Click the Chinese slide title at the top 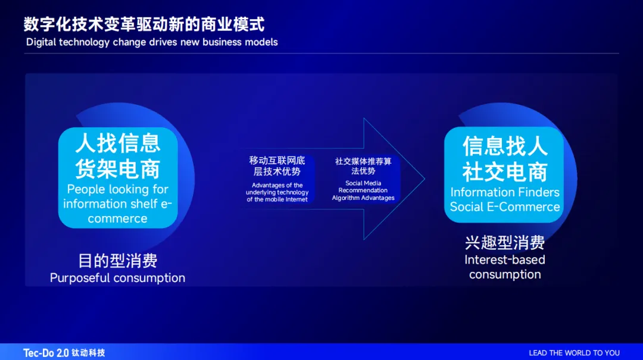(x=144, y=24)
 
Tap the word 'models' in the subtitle (x=261, y=42)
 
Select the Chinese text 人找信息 (x=118, y=143)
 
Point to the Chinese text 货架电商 (x=118, y=169)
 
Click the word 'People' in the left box (x=85, y=189)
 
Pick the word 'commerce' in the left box (x=118, y=218)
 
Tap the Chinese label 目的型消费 (x=118, y=261)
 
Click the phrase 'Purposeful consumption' (x=118, y=278)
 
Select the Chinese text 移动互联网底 (x=277, y=160)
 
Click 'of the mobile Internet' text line (x=277, y=199)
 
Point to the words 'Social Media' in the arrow (x=363, y=183)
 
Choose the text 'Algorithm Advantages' (x=363, y=198)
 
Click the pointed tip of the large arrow (x=424, y=179)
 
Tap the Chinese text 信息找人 (x=505, y=146)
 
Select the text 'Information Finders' (x=505, y=192)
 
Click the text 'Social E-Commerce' (x=505, y=206)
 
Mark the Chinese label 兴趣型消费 (x=505, y=243)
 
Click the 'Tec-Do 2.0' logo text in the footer (x=46, y=353)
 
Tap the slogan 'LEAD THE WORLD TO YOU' (x=574, y=353)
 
